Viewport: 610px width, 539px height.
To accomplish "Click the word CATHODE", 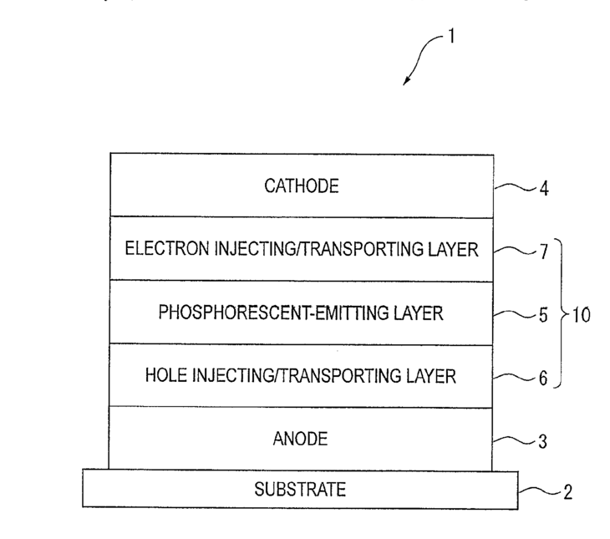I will [302, 186].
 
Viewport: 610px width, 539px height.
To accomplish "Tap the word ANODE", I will [301, 438].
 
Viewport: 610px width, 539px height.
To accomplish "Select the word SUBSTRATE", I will [300, 490].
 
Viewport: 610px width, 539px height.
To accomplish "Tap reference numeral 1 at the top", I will [451, 38].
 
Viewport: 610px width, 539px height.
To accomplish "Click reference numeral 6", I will [543, 379].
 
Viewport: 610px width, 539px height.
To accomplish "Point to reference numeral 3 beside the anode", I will [542, 440].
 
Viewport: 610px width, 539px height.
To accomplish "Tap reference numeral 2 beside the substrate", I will [567, 492].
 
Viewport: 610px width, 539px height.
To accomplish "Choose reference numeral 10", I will [581, 315].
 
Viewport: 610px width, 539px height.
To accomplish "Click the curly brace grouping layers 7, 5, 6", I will [561, 315].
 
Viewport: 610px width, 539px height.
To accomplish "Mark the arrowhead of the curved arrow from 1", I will [407, 82].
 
